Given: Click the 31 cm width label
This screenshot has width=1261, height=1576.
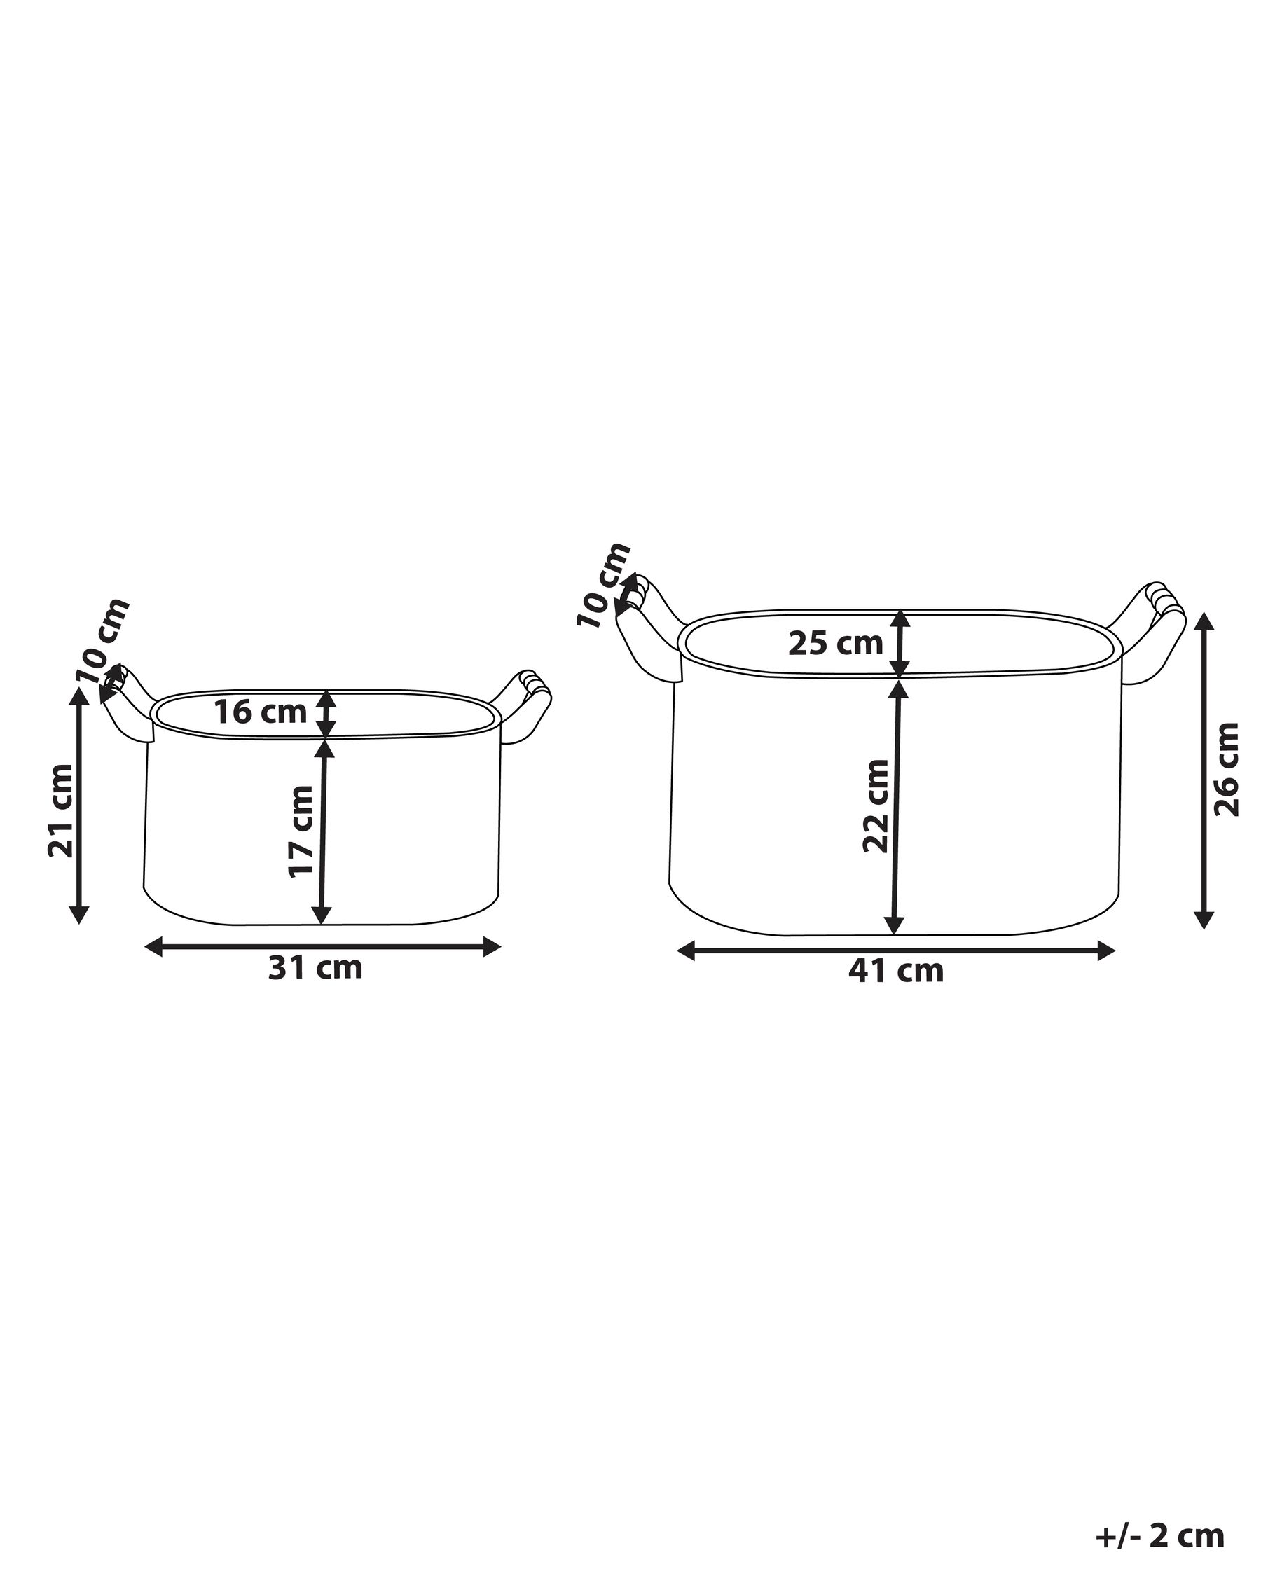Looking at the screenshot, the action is click(315, 968).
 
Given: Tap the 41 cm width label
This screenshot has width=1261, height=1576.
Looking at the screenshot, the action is click(896, 972).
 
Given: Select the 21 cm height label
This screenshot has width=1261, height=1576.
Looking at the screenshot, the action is click(60, 810).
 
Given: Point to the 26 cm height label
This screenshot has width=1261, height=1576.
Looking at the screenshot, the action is click(1227, 769).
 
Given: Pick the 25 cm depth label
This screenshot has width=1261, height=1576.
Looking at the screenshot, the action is click(836, 643).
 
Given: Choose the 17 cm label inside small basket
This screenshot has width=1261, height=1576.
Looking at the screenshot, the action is click(300, 831).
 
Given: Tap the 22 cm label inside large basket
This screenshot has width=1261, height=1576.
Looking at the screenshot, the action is click(875, 806).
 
